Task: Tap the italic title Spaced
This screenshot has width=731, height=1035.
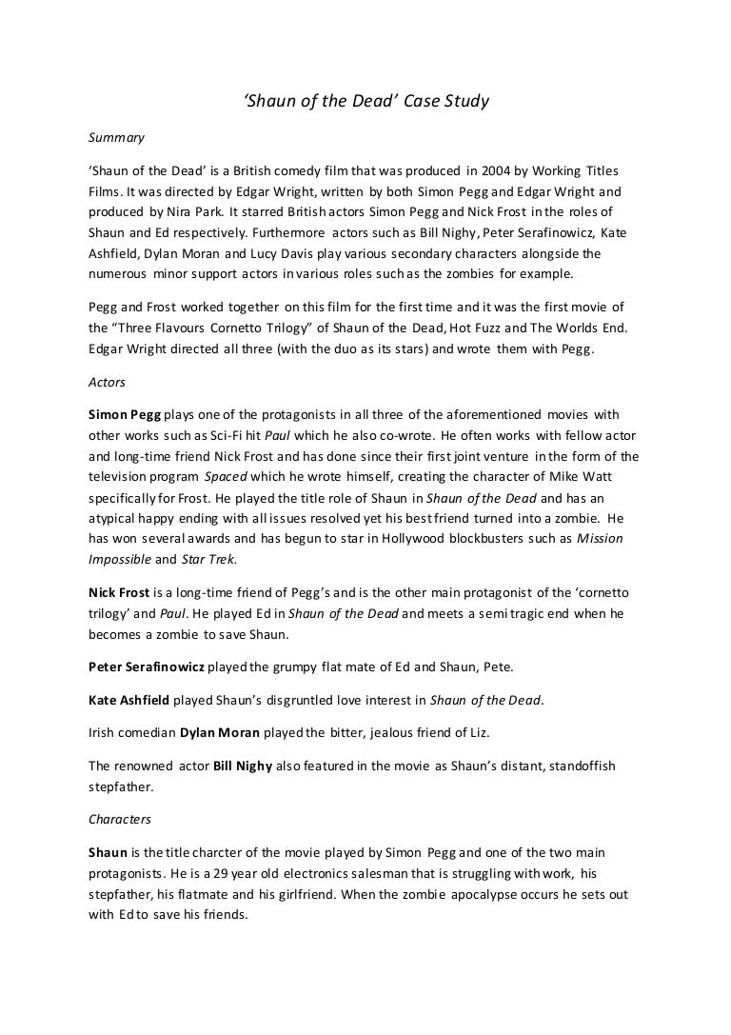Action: click(227, 476)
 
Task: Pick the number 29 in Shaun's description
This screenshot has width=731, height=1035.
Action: click(225, 872)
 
